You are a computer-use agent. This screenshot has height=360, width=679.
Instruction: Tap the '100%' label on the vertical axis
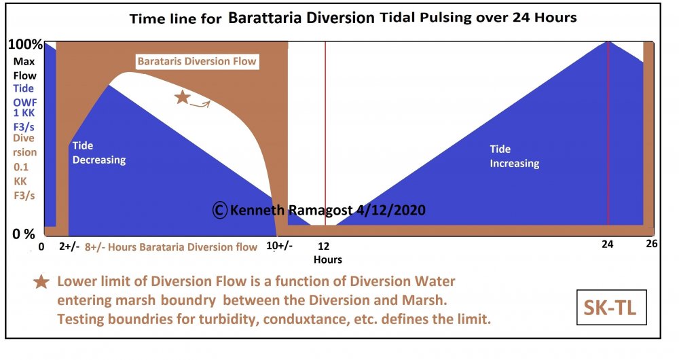pyautogui.click(x=24, y=45)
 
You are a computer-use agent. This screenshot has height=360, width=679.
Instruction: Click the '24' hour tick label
pyautogui.click(x=608, y=247)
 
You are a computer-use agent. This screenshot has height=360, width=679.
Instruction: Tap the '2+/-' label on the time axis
pyautogui.click(x=69, y=247)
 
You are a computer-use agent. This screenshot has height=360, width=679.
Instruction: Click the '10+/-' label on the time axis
pyautogui.click(x=280, y=247)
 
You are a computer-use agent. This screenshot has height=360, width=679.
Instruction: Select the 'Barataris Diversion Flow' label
pyautogui.click(x=197, y=61)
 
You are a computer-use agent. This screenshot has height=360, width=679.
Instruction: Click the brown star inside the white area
pyautogui.click(x=182, y=97)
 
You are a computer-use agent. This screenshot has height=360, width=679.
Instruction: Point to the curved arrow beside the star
pyautogui.click(x=200, y=103)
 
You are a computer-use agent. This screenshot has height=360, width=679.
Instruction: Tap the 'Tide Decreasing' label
pyautogui.click(x=98, y=153)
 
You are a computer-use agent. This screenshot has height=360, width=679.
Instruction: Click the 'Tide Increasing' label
pyautogui.click(x=514, y=156)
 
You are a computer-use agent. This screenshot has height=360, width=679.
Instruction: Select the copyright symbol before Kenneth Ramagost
pyautogui.click(x=219, y=210)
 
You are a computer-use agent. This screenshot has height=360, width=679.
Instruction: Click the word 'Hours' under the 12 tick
pyautogui.click(x=327, y=259)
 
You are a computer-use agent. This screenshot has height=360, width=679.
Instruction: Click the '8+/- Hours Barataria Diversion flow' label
pyautogui.click(x=171, y=247)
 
